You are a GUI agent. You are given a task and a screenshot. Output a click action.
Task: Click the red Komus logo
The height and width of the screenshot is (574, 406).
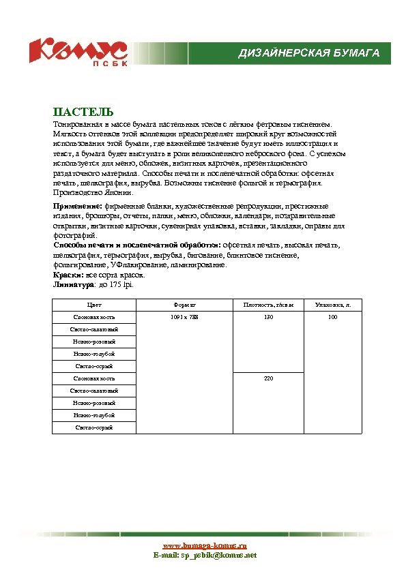pyautogui.click(x=77, y=50)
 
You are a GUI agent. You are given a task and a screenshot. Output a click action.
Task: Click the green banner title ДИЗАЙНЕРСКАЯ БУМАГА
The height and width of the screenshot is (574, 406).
pyautogui.click(x=308, y=53)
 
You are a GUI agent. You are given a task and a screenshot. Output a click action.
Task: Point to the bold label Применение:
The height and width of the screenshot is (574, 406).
pyautogui.click(x=78, y=206)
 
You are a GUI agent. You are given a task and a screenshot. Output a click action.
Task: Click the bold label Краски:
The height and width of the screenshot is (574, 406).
pyautogui.click(x=68, y=275)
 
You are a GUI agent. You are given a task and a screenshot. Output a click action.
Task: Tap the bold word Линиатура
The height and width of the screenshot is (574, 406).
pyautogui.click(x=72, y=284)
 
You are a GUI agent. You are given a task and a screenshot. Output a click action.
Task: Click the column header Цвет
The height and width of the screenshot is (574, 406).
pyautogui.click(x=94, y=305)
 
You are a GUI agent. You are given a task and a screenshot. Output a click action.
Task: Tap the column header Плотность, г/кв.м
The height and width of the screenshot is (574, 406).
pyautogui.click(x=268, y=305)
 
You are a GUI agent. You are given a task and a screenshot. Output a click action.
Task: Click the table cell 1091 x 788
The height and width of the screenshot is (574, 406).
pyautogui.click(x=185, y=318)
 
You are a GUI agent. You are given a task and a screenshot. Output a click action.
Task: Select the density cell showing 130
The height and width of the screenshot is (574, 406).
pyautogui.click(x=268, y=318)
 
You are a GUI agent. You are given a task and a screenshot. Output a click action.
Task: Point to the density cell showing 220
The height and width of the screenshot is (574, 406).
pyautogui.click(x=268, y=378)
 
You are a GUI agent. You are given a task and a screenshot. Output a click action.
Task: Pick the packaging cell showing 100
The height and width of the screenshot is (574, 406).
pyautogui.click(x=333, y=318)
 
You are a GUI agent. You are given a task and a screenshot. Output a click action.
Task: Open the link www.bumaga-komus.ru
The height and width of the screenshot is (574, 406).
pyautogui.click(x=204, y=545)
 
